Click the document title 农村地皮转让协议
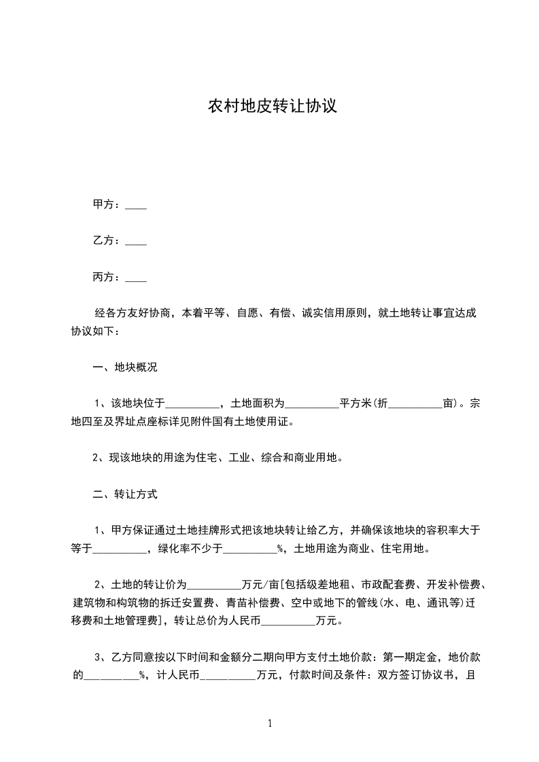click(272, 107)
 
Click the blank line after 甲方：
click(136, 206)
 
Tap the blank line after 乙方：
click(136, 242)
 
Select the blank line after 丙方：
click(136, 278)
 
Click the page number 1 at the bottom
click(270, 723)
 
